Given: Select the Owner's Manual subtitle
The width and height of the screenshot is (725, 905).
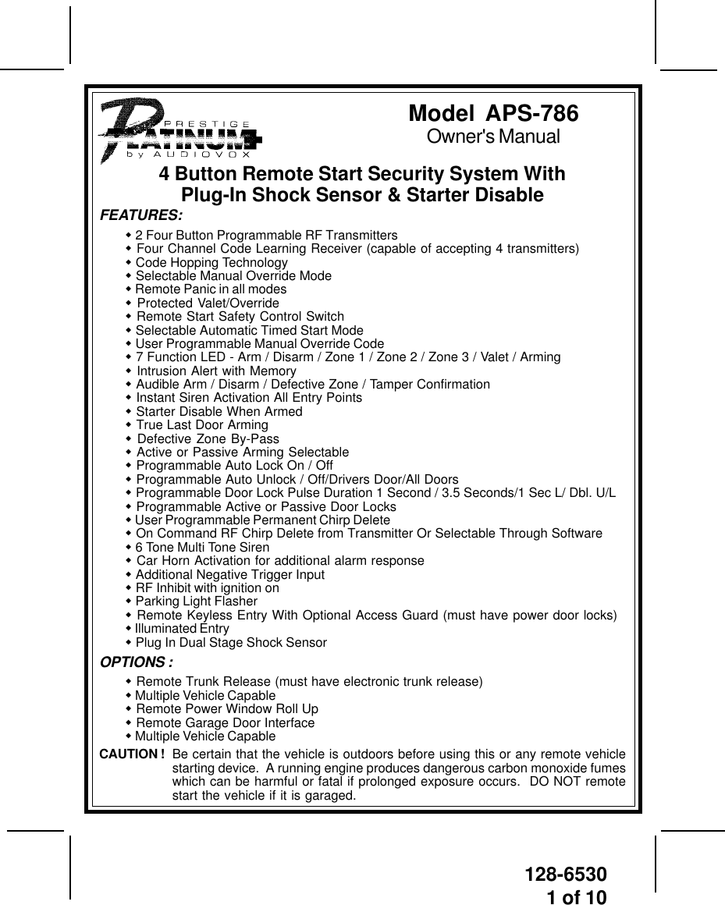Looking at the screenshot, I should point(493,137).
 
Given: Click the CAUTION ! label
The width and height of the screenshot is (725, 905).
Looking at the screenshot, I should point(132,754).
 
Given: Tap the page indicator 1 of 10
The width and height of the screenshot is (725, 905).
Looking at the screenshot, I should point(576,896).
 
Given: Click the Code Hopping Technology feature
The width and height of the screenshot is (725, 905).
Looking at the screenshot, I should point(211,263).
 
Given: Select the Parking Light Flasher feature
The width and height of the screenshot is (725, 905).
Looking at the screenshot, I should point(196,602).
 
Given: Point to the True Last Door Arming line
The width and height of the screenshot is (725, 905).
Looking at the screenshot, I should point(201,425).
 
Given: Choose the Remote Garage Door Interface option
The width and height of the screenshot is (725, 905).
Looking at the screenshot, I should point(225,723).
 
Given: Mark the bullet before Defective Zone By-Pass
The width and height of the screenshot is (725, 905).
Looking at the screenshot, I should point(129,438).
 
